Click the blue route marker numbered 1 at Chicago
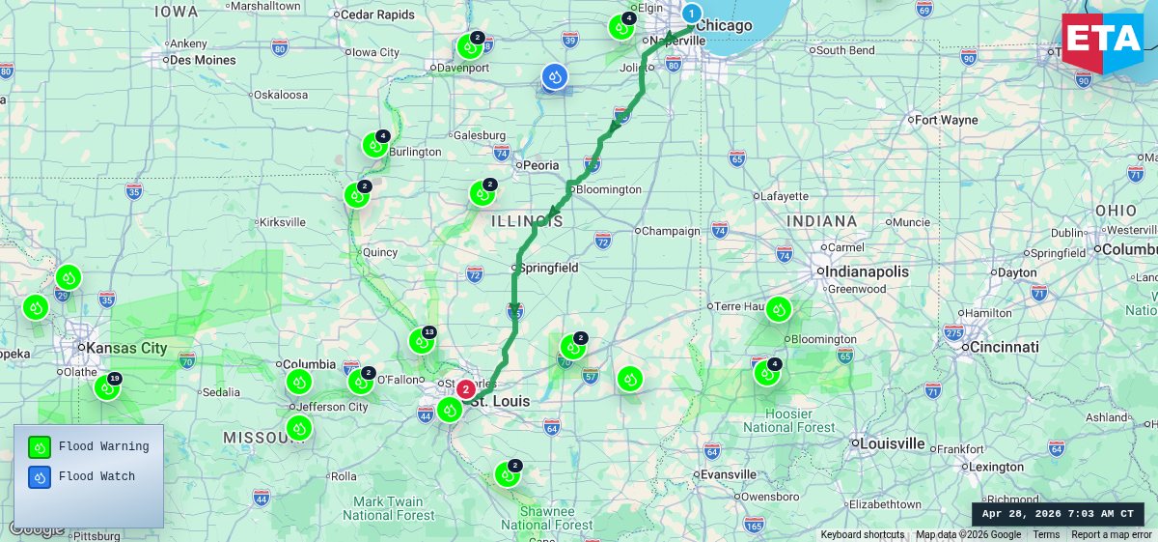(692, 14)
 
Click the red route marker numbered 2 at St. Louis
(465, 389)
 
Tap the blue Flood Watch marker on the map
(554, 76)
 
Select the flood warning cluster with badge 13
(421, 340)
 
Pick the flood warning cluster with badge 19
(106, 387)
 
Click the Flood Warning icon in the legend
(40, 446)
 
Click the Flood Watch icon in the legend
(40, 476)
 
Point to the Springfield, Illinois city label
(548, 267)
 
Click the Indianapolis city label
(868, 271)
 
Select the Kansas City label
(126, 348)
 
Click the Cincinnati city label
(1004, 347)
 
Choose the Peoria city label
(540, 165)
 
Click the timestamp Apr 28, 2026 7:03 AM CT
(1058, 514)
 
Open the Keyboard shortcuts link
(863, 534)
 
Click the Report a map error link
(1112, 534)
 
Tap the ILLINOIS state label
(527, 221)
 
